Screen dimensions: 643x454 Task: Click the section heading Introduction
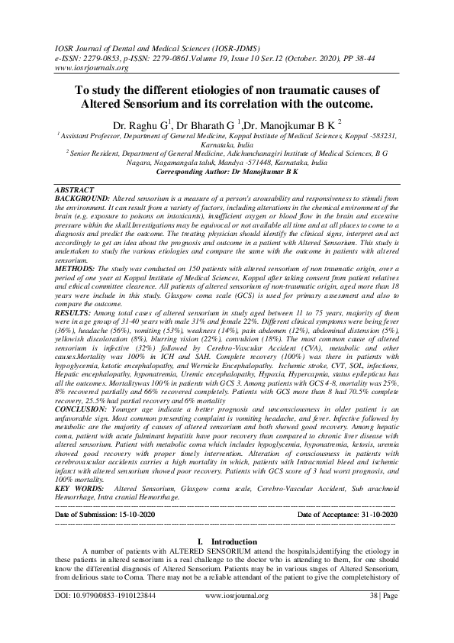233,541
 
